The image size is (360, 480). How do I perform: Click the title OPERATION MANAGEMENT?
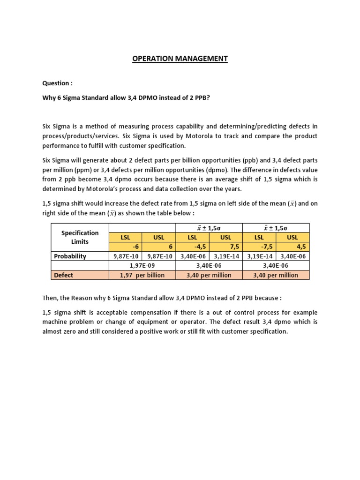[x=180, y=59]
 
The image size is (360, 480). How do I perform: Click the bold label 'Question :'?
[x=58, y=83]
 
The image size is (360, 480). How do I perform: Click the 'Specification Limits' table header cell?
[x=80, y=237]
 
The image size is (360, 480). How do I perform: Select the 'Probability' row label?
[x=70, y=256]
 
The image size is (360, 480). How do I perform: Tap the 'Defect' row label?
[x=63, y=275]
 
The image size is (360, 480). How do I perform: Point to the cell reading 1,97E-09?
[x=142, y=266]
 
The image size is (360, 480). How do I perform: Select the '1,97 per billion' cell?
[x=142, y=275]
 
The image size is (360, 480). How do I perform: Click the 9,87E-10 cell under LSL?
[x=125, y=256]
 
